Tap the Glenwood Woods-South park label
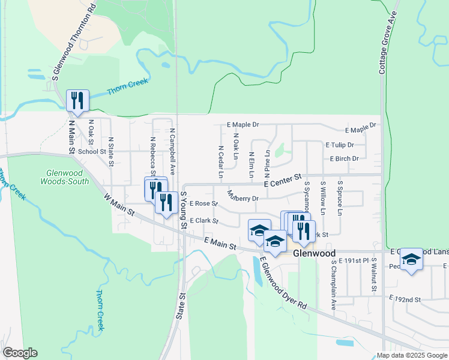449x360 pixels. (65, 176)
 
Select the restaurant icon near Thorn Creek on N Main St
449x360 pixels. (77, 100)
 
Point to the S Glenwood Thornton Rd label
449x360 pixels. (74, 41)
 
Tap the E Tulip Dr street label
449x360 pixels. (340, 145)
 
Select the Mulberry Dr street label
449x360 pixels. (243, 196)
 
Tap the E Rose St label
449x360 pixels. (203, 204)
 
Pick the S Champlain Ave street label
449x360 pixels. (333, 287)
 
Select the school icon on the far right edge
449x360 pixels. (411, 259)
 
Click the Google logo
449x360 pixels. (20, 353)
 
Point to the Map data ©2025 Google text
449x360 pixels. (412, 355)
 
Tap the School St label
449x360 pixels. (92, 152)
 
